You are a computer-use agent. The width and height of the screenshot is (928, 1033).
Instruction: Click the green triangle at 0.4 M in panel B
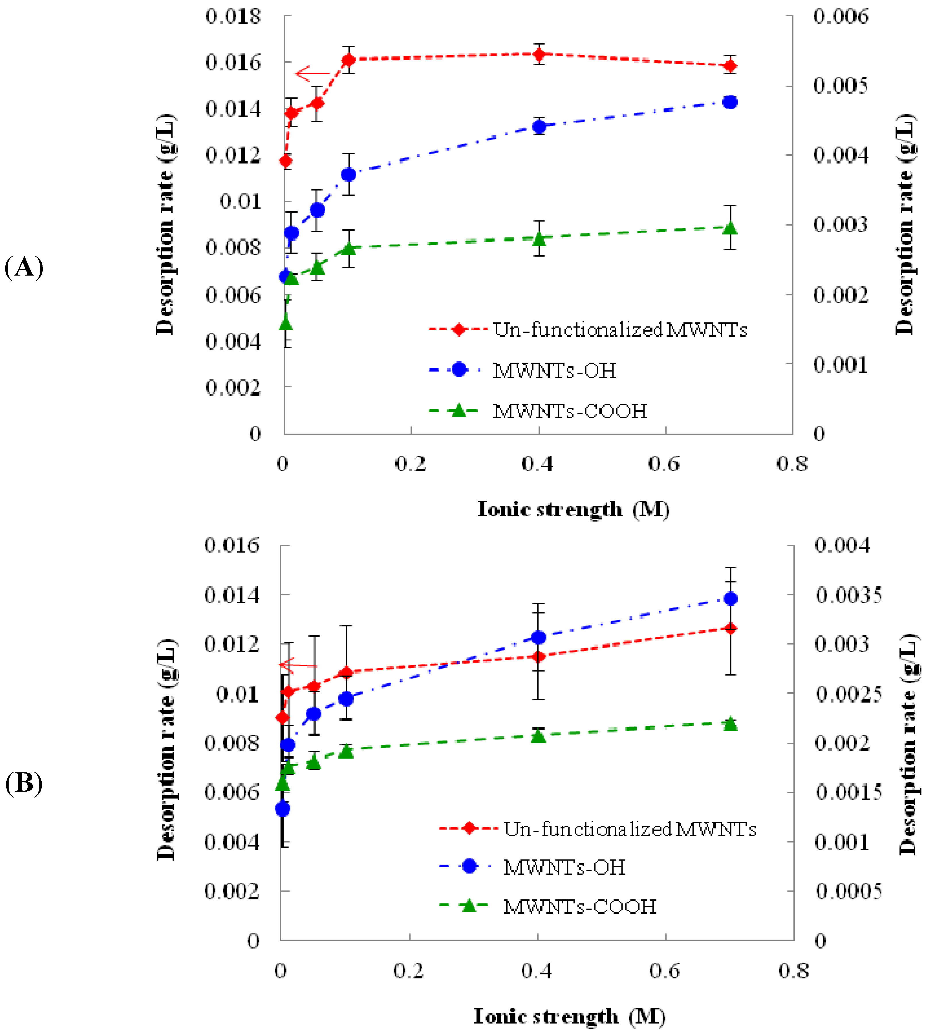click(x=538, y=736)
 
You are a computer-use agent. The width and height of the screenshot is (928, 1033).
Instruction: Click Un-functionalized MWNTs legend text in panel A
click(x=619, y=330)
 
